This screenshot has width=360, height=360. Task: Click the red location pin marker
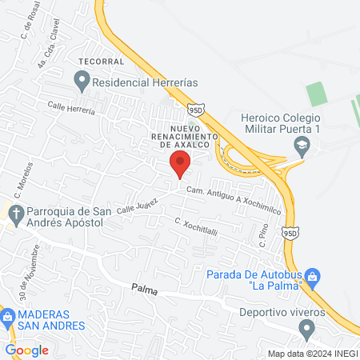[x=179, y=164]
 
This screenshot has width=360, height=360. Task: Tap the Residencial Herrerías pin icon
[x=82, y=80]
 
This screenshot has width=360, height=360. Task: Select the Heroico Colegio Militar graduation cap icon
[x=302, y=145]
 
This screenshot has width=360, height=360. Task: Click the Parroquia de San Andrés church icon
[x=14, y=212]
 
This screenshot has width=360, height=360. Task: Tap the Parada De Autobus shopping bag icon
[x=314, y=276]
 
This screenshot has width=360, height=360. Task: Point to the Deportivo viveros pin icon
[x=306, y=327]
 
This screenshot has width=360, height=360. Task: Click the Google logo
[x=26, y=350]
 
